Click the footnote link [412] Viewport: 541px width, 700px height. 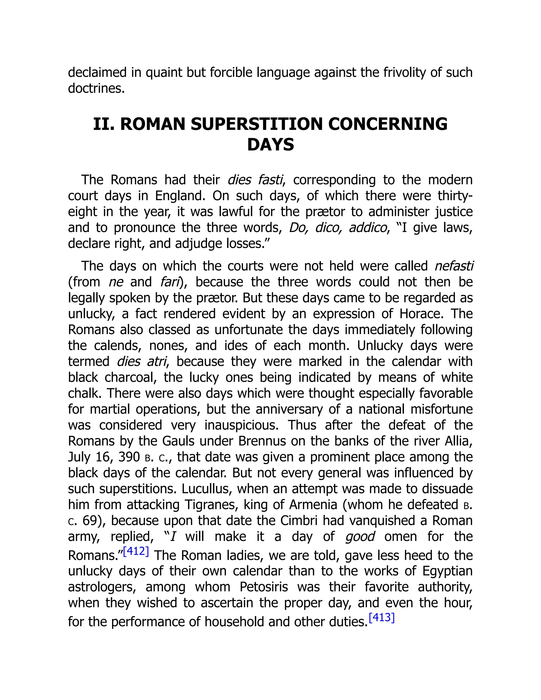click(136, 551)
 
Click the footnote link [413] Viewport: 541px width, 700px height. click(381, 617)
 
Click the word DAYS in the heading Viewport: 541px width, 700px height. click(270, 144)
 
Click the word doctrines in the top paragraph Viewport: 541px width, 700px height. click(96, 88)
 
